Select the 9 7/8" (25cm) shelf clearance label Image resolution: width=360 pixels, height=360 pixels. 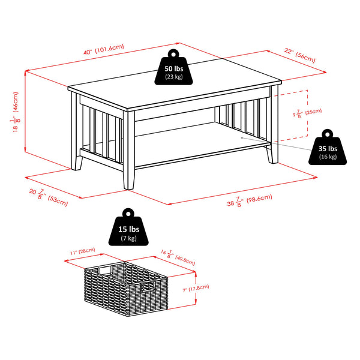(x=306, y=113)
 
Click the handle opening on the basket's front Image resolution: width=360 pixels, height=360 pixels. (x=149, y=289)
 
